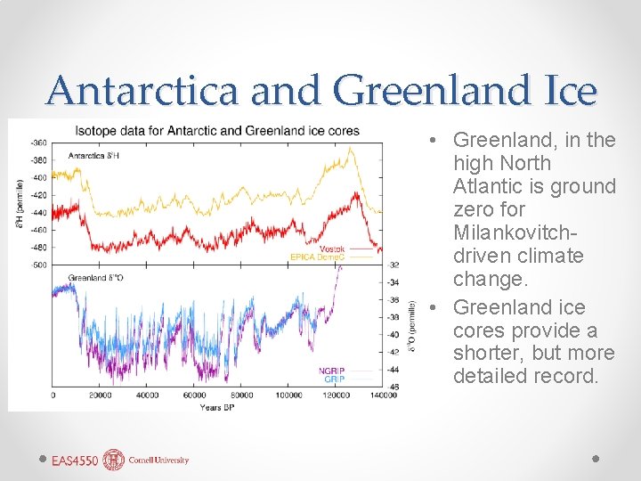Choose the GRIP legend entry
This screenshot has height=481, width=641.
point(333,379)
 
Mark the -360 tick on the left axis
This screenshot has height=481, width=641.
point(39,143)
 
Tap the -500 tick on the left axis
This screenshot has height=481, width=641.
point(39,265)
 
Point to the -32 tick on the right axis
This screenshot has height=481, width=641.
point(394,265)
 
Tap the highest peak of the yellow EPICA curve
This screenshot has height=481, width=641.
point(353,149)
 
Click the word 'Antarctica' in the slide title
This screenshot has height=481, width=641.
point(144,91)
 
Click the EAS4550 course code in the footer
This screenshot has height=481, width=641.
point(74,461)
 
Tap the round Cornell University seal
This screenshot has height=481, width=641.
point(114,460)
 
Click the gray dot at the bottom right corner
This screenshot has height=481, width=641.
point(596,459)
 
